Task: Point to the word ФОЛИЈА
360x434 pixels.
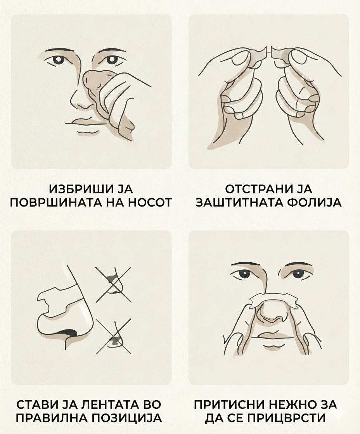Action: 313,202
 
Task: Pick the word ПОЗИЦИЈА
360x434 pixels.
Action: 126,418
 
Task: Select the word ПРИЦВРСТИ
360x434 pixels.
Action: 286,418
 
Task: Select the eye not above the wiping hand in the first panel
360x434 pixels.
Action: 58,60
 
